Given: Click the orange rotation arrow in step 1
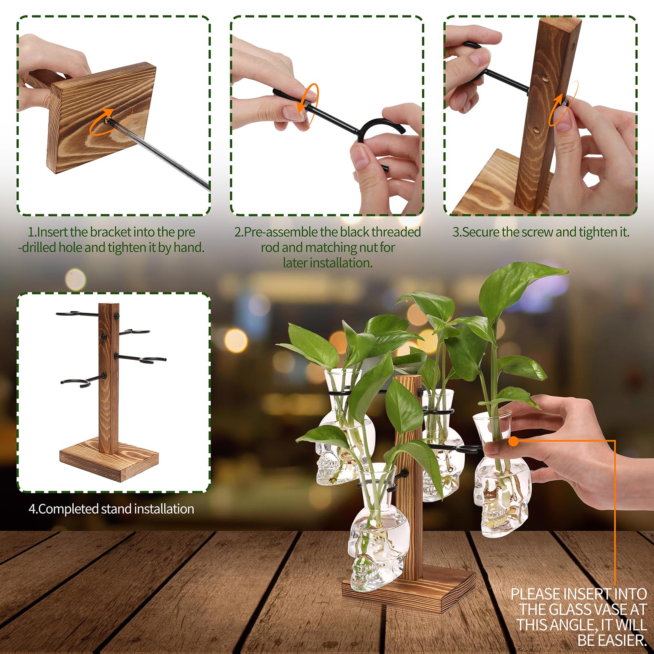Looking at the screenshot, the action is point(98,130).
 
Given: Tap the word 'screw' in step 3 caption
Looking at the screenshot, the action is point(538,232).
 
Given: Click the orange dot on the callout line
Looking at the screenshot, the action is point(514,441).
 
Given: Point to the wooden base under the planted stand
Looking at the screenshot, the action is point(409,591).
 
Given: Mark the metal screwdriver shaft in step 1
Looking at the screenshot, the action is point(159,155).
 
